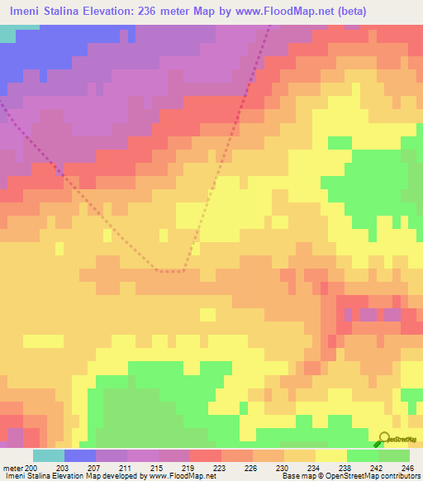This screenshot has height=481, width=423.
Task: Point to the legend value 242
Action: tap(378, 468)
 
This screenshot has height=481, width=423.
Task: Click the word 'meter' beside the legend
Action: tap(12, 468)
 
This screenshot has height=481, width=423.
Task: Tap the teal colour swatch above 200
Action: tap(48, 455)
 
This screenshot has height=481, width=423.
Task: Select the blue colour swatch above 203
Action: tap(79, 455)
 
